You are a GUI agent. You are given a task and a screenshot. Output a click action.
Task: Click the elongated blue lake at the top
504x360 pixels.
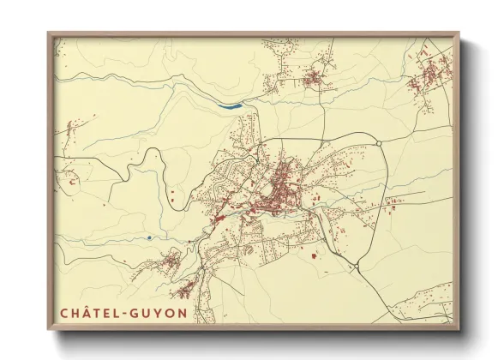point(230,106)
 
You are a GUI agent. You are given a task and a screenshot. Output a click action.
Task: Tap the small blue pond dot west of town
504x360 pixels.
point(148,237)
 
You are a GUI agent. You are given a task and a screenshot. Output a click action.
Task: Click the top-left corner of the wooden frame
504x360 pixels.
point(49,34)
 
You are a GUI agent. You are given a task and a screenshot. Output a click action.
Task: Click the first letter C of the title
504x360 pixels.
point(64,313)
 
